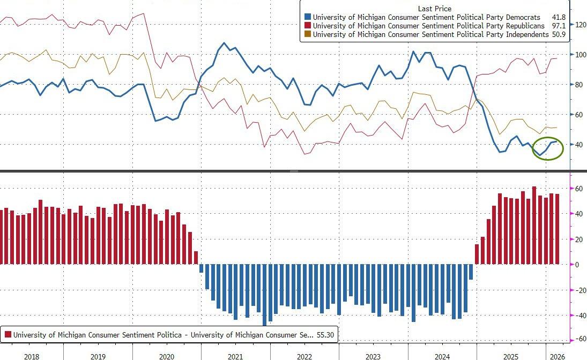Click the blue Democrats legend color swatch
tap(307, 17)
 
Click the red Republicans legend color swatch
tap(307, 26)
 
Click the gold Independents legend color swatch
tap(307, 34)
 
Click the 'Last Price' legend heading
tap(434, 9)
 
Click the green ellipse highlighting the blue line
tap(548, 148)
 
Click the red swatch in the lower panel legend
tap(8, 335)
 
